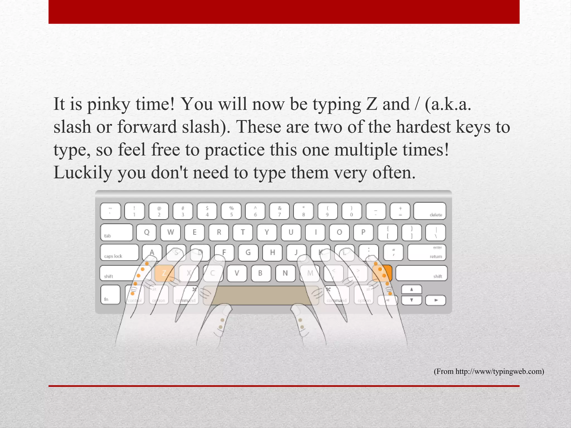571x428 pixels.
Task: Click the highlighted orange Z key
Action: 164,273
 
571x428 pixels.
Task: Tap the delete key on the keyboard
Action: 430,211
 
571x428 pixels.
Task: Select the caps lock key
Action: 119,252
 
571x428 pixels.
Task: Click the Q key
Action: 146,232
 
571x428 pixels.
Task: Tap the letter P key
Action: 363,232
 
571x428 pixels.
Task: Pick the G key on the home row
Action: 248,252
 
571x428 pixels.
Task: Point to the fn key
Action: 110,295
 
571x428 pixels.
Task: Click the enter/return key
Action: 427,252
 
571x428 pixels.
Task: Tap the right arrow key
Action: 436,300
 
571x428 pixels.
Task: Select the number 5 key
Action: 231,211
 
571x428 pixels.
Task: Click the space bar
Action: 261,295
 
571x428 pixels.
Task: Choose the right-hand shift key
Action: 421,273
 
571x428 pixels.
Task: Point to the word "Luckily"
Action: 83,173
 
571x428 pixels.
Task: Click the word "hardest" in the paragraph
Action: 423,127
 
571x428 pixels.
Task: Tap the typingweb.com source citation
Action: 489,371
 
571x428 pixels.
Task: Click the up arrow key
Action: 412,290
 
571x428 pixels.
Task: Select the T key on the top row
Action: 243,232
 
